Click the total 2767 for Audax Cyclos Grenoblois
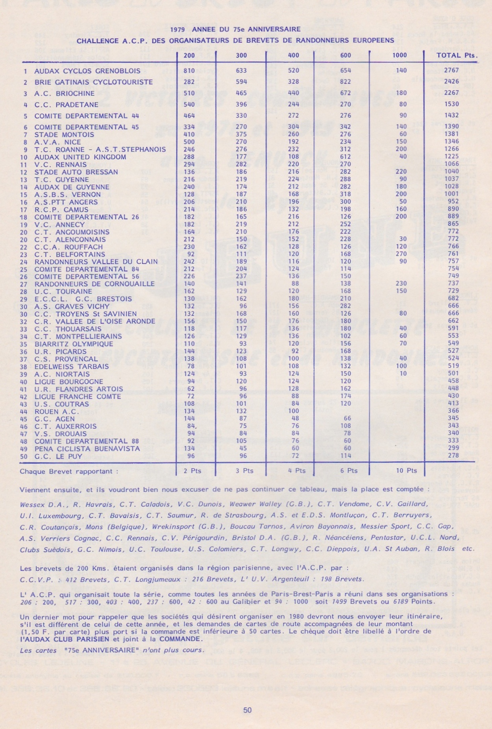point(451,70)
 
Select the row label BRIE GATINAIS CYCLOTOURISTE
point(93,82)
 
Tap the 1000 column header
point(400,55)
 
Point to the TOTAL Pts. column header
point(457,55)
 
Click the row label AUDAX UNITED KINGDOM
point(80,157)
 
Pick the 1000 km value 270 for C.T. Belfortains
point(401,254)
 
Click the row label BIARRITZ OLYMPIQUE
point(74,344)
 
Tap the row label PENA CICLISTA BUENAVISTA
point(87,449)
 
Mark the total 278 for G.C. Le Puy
point(453,455)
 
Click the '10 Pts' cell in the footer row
point(406,471)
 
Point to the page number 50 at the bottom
point(247,710)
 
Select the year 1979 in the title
point(178,30)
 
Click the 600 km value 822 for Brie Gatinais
point(345,82)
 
